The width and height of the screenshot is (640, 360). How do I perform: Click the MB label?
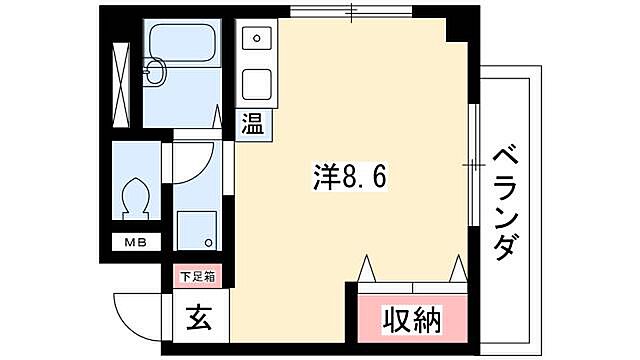click(x=134, y=242)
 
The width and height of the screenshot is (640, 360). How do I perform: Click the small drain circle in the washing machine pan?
click(x=208, y=243)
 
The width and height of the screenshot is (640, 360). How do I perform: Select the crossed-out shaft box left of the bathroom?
click(x=122, y=85)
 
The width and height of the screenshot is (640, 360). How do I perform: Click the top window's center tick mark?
click(x=351, y=11)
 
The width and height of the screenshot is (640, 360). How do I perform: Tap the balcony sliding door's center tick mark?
click(x=471, y=161)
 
